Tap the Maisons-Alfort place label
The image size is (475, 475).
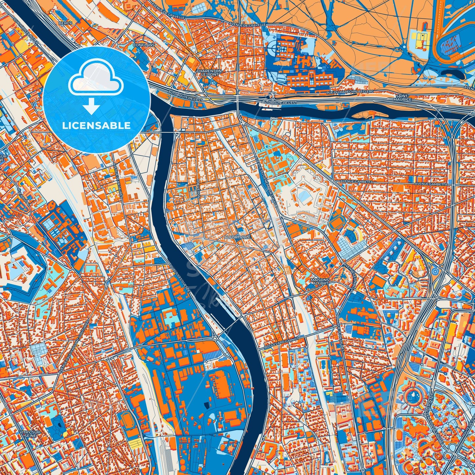(319, 281)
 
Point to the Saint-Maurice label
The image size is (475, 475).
(402, 98)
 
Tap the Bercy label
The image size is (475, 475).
(62, 23)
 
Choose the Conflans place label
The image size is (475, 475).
(141, 44)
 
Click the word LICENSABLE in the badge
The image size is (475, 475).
(97, 126)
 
